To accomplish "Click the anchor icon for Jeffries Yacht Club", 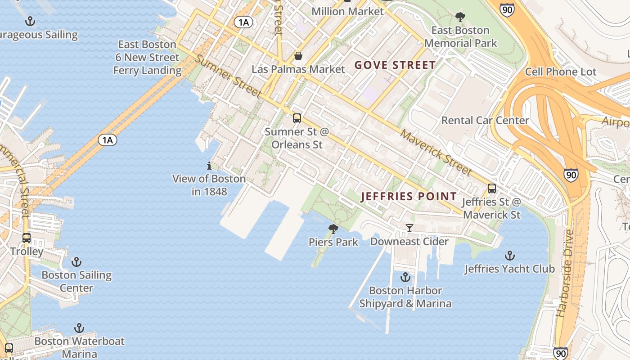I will coord(509,256).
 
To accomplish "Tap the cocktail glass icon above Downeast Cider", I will coord(409,228).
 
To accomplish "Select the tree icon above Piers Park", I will coord(333,229).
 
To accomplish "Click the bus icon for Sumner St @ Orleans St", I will coord(297,118).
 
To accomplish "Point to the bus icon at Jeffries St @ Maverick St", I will coord(492,189).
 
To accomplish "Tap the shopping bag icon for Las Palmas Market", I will coord(298,56).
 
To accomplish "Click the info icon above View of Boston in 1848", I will coord(209,166).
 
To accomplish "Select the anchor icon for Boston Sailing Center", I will coord(76,262).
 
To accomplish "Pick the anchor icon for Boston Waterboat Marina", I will coord(79,328).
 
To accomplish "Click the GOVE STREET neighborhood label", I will coord(395,65).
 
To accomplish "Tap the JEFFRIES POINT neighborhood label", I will coord(409,197).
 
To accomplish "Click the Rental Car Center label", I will coord(485,121).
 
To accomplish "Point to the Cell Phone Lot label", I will coord(560,72).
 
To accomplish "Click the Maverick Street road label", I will coord(436,153).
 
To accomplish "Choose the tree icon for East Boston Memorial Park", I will coord(460,17).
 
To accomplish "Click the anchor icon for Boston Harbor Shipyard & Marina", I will coord(405,277).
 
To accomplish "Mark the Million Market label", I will coord(347,11).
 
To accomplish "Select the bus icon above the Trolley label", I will coord(27,238).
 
